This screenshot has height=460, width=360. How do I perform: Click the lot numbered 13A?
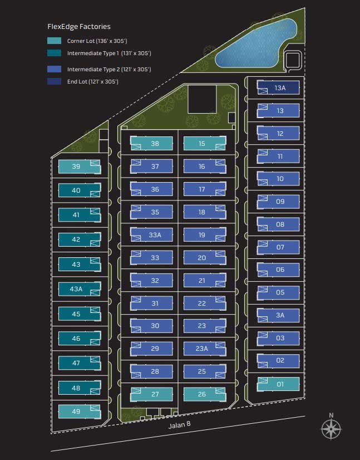(279, 87)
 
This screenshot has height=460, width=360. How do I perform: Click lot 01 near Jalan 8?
(279, 384)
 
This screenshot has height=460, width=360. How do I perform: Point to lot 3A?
(279, 315)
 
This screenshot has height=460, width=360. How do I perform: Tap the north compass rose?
(331, 428)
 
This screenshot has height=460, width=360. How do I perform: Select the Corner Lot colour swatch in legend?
(55, 41)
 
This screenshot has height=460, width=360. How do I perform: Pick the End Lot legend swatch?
(55, 81)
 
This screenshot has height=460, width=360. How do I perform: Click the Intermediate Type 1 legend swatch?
(55, 53)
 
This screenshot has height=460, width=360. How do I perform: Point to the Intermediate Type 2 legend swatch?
(55, 69)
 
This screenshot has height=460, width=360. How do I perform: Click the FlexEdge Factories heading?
(79, 26)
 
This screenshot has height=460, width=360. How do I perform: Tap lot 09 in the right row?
(279, 202)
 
